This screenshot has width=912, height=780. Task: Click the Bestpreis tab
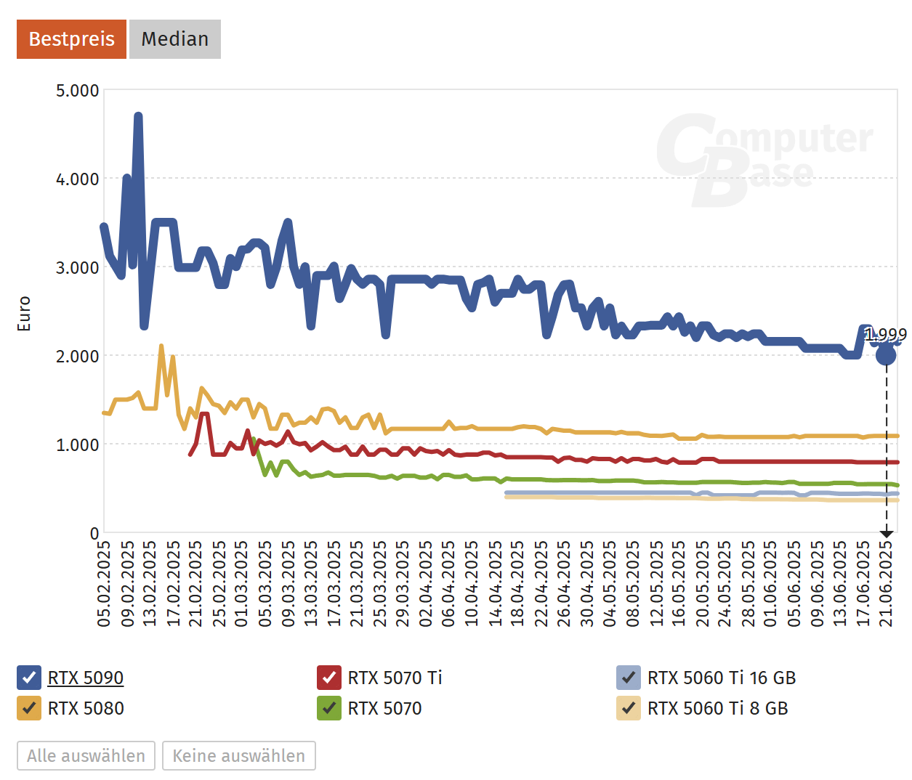[x=71, y=39]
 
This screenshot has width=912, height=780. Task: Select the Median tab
[x=174, y=39]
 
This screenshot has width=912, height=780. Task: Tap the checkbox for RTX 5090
[x=29, y=678]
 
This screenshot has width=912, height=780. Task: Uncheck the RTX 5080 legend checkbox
[x=29, y=708]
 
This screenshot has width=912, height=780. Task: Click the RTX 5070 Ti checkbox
[x=329, y=678]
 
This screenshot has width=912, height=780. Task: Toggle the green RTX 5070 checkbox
[x=329, y=708]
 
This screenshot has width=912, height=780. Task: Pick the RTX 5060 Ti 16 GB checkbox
[x=629, y=678]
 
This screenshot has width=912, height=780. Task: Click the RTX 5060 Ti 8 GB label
[x=717, y=708]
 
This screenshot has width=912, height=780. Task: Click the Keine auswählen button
[x=238, y=756]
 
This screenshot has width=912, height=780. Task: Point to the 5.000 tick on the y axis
[x=77, y=91]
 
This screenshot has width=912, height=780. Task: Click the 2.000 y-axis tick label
[x=77, y=356]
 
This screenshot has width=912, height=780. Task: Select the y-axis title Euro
[x=24, y=314]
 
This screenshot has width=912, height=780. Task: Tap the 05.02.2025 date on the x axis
[x=104, y=583]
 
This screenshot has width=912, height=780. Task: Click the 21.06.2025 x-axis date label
[x=886, y=583]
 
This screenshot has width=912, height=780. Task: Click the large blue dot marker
[x=886, y=355]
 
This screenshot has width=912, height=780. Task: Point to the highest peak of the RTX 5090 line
[x=138, y=116]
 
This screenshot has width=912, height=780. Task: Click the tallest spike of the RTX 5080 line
[x=161, y=347]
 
